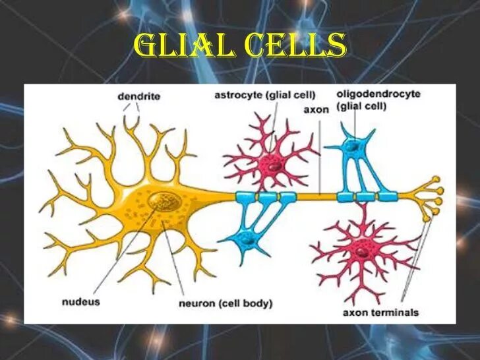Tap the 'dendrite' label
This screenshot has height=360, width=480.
point(138,97)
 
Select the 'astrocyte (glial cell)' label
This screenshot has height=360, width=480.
point(265,94)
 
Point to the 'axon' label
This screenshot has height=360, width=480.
point(316,109)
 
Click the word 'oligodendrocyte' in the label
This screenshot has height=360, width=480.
point(378,94)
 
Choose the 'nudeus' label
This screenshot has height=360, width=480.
point(81,302)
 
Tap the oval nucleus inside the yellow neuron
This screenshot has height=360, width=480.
point(161,201)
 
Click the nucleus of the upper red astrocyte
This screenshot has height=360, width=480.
point(270,164)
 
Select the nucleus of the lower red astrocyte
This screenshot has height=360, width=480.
point(362,249)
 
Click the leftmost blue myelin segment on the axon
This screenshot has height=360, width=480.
point(244,196)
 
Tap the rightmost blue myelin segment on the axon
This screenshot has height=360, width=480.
point(388,196)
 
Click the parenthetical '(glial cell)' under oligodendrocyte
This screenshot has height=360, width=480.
point(360,107)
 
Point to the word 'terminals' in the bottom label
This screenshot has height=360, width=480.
point(398,313)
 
